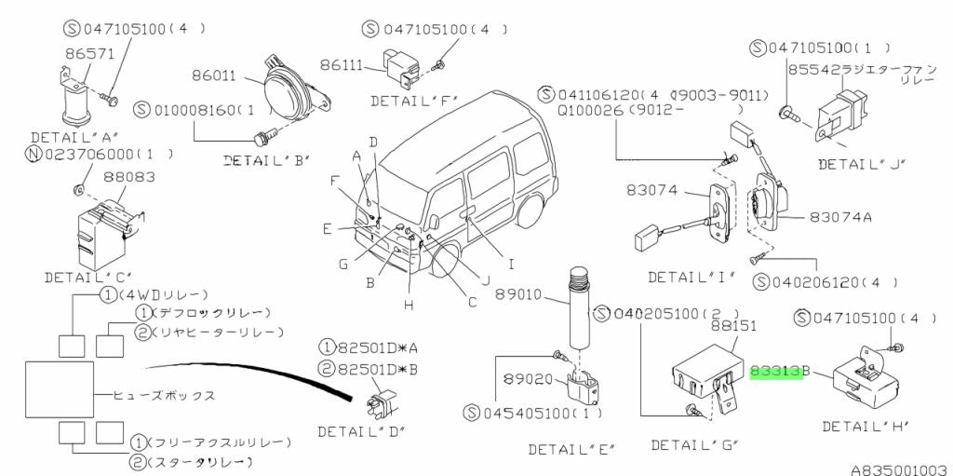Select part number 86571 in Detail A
82,56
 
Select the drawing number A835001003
898,468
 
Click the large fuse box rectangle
59,389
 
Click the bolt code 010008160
192,110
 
